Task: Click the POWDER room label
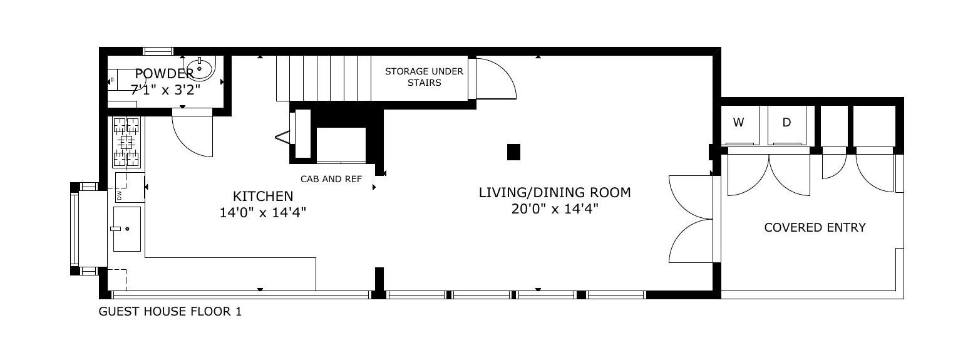[164, 73]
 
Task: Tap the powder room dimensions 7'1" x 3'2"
[165, 90]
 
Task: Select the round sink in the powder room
[199, 68]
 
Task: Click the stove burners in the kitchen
[126, 142]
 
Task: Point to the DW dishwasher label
[119, 196]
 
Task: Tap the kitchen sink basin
[127, 229]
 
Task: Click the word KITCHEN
[263, 197]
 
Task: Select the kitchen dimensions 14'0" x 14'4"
[263, 212]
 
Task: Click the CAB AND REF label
[331, 179]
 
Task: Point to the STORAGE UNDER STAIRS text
[424, 77]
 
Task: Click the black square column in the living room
[513, 152]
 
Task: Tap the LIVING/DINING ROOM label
[555, 192]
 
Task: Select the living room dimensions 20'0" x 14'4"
[555, 209]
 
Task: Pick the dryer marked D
[786, 125]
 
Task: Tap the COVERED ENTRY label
[815, 227]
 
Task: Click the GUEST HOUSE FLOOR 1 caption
[170, 311]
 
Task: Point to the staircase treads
[323, 78]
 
